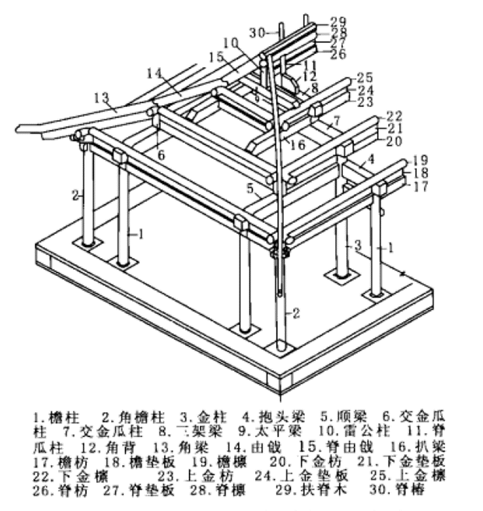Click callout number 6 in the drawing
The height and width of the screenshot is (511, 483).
(x=161, y=156)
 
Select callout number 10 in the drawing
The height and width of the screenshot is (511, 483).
(x=231, y=41)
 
